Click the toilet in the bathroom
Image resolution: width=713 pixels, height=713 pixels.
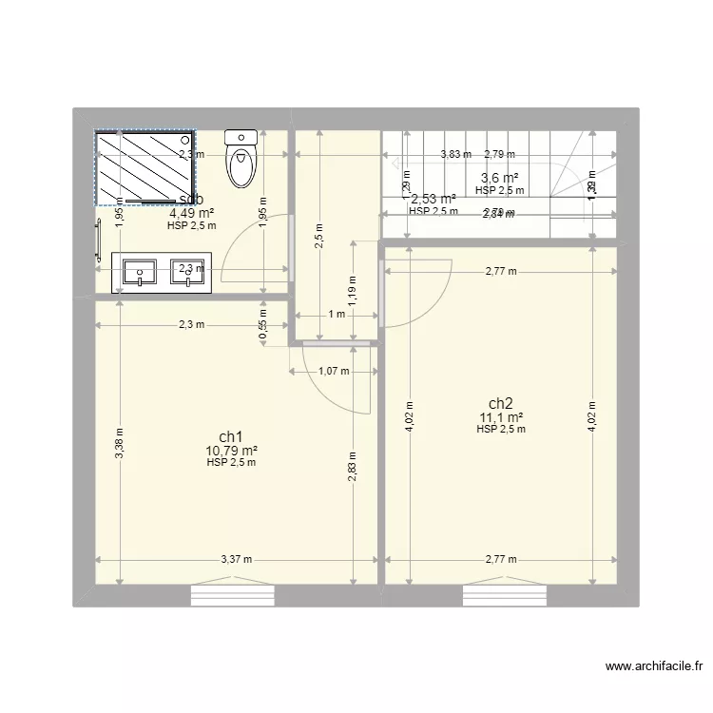coord(241,160)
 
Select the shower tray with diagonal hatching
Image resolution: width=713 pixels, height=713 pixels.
coord(145,167)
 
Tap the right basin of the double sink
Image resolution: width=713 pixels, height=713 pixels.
coord(187,272)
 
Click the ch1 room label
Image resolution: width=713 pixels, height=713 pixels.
coord(231,437)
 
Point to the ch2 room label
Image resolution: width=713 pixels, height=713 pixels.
coord(501,403)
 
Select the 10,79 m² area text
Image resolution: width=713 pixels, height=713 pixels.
coord(231,451)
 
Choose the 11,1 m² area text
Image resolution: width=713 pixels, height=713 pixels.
coord(501,416)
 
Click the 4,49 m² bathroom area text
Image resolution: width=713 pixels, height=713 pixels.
coord(191,213)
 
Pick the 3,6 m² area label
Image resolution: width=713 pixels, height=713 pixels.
coord(499,178)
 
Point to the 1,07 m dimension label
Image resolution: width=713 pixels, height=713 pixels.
coord(333,372)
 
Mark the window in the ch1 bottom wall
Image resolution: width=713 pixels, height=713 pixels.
coord(232,596)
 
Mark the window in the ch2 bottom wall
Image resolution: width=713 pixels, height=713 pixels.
coord(504,596)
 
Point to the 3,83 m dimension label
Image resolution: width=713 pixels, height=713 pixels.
coord(454,154)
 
